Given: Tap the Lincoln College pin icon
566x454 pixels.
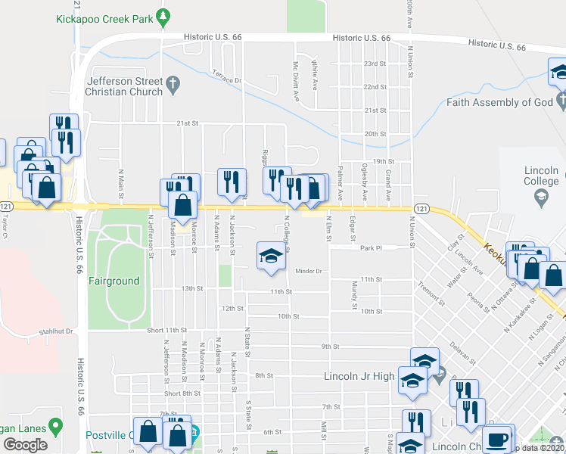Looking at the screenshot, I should pos(541,198).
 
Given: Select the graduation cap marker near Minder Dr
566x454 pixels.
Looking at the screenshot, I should pos(270,255).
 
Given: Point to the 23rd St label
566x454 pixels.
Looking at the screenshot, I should pos(375,64).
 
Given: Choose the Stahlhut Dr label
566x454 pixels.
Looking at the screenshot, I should pos(57,331).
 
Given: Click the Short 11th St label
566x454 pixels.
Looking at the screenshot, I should pos(166,330).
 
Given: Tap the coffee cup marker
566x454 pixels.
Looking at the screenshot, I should pos(497,439).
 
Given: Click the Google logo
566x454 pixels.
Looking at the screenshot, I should pos(25,445).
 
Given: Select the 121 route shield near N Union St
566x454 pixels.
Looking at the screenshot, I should pos(422,208).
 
